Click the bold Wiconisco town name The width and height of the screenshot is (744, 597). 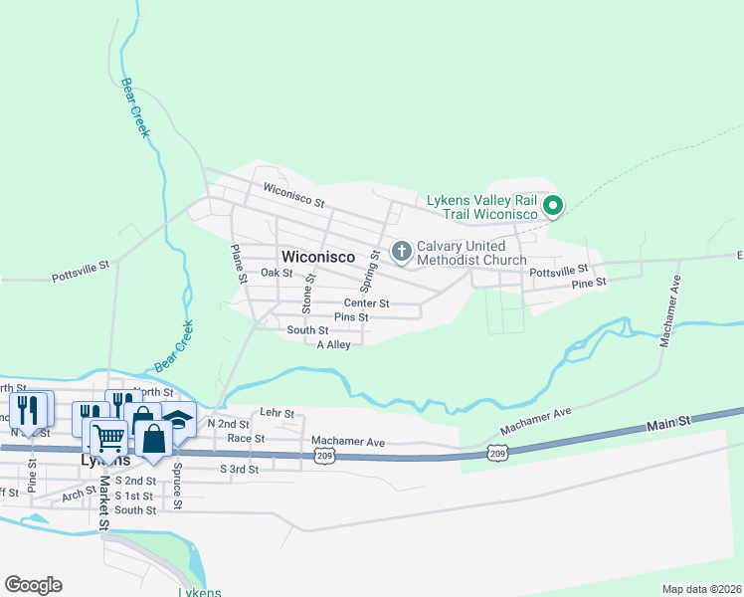coord(318,257)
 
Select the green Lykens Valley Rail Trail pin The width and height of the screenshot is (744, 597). coord(553,207)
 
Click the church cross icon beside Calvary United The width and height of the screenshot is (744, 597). coord(402,251)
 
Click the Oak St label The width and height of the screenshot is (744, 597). coord(277,273)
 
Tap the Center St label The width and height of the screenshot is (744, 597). coord(366,302)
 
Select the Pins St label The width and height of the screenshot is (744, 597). coord(351,317)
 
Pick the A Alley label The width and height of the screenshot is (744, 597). coord(333,344)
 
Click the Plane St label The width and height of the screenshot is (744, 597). coord(238,265)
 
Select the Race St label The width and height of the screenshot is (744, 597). coord(246,438)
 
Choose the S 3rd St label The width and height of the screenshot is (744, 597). coord(239,469)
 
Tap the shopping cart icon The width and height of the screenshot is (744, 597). coord(108,436)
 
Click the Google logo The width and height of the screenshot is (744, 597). coord(33,585)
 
